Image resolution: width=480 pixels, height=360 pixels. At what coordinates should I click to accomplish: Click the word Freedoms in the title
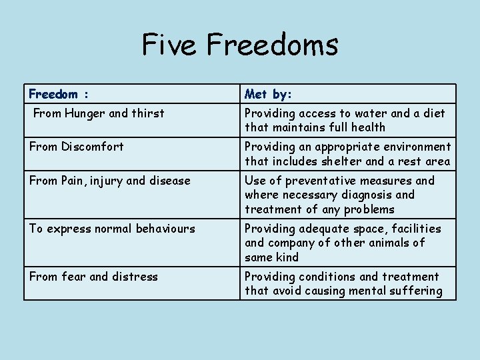[x=272, y=45]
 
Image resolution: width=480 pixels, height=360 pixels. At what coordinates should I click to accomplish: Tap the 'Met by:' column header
[x=268, y=94]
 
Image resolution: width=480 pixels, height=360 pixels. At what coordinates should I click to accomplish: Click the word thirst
[x=147, y=113]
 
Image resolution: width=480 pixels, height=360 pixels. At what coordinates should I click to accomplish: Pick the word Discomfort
[x=93, y=147]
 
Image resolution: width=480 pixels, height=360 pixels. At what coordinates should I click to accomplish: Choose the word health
[x=369, y=127]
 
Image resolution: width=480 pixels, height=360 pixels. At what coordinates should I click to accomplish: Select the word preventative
[x=317, y=181]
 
